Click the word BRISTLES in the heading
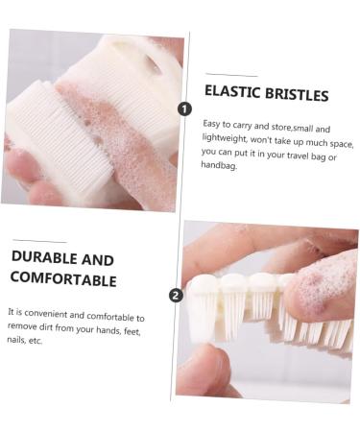click(295, 94)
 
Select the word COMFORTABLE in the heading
click(63, 279)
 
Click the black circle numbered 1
click(184, 108)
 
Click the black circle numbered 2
click(176, 295)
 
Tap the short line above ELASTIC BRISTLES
click(231, 74)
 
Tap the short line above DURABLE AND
click(39, 241)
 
